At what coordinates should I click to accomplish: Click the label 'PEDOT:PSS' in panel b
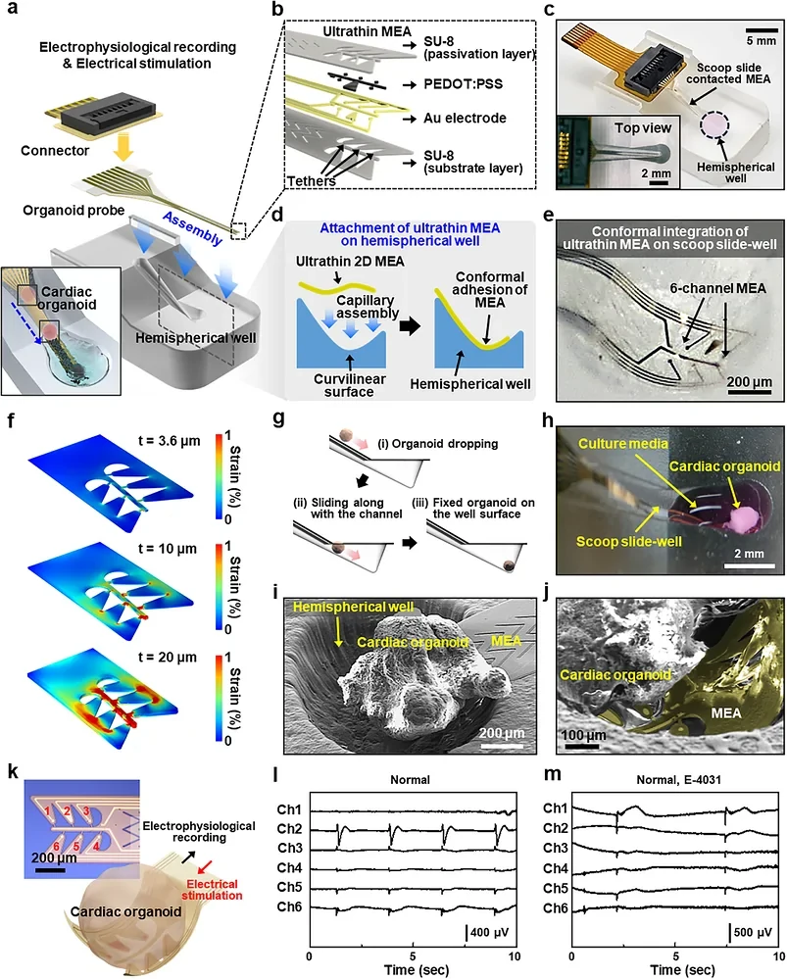463,83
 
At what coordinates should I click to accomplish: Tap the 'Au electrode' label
465,118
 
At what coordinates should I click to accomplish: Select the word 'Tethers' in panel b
311,181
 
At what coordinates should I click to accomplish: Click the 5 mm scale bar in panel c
761,30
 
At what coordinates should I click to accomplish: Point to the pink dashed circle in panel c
714,124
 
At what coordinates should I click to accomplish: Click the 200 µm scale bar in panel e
749,392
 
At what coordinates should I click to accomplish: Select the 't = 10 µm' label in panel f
168,549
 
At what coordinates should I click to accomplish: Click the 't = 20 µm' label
168,658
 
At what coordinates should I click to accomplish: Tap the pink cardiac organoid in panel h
744,519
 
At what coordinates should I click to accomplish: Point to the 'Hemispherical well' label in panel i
353,607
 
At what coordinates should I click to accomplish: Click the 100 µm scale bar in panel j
583,746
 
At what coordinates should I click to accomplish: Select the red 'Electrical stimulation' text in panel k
212,890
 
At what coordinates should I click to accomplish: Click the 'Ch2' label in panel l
289,829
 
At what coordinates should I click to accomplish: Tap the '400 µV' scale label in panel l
489,932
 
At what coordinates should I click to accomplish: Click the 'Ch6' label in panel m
555,907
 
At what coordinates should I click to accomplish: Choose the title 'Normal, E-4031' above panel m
679,780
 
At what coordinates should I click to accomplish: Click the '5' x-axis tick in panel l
413,956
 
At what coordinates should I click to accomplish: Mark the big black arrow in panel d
410,326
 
